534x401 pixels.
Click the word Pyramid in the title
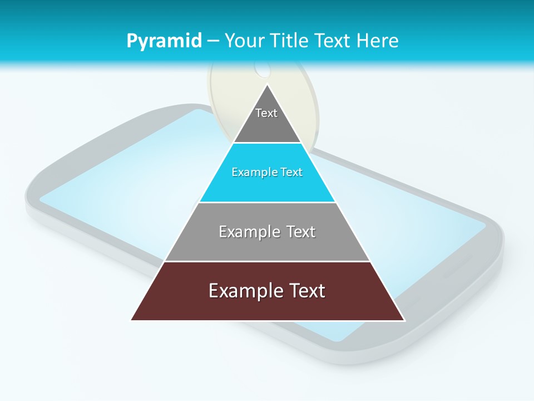coord(164,41)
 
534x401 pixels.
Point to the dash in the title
coord(213,41)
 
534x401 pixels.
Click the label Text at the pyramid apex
coord(266,113)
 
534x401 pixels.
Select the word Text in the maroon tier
coord(306,291)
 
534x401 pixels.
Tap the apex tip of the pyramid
coord(268,85)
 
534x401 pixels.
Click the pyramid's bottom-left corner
coord(132,320)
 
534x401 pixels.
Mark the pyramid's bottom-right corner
coord(404,320)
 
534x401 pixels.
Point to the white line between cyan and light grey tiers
coord(268,202)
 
